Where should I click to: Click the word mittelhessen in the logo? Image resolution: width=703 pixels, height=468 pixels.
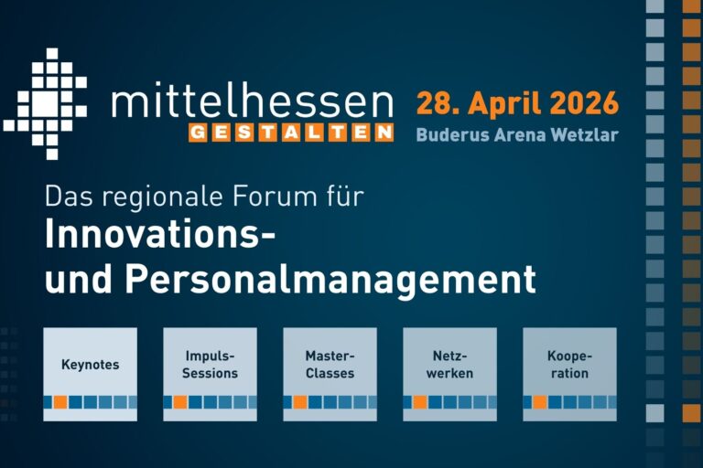click(x=252, y=101)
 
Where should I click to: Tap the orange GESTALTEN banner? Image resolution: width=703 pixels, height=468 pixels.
click(x=291, y=133)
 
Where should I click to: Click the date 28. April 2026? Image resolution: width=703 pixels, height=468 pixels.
click(x=517, y=101)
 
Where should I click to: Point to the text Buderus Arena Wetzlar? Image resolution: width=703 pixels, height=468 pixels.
click(x=517, y=134)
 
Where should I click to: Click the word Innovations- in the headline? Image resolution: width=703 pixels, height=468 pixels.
click(x=160, y=236)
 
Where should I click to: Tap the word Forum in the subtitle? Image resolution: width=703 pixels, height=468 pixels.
click(x=290, y=195)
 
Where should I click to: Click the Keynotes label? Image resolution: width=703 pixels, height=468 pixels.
click(x=90, y=365)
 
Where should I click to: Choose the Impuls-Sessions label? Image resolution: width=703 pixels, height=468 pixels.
click(x=210, y=365)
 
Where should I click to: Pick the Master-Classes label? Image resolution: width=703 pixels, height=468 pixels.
click(x=330, y=365)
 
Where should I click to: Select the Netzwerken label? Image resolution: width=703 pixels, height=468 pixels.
click(x=449, y=365)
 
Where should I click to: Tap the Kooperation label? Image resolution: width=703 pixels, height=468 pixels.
click(x=569, y=365)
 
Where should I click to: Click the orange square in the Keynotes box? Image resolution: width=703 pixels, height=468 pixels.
click(x=60, y=402)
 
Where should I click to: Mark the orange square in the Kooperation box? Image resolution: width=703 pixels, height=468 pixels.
click(x=540, y=402)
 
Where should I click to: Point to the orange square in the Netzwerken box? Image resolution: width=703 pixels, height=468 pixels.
click(x=420, y=402)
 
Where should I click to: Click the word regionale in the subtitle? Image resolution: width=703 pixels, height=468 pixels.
click(x=160, y=195)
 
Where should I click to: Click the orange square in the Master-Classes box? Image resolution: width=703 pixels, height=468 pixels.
click(x=300, y=402)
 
